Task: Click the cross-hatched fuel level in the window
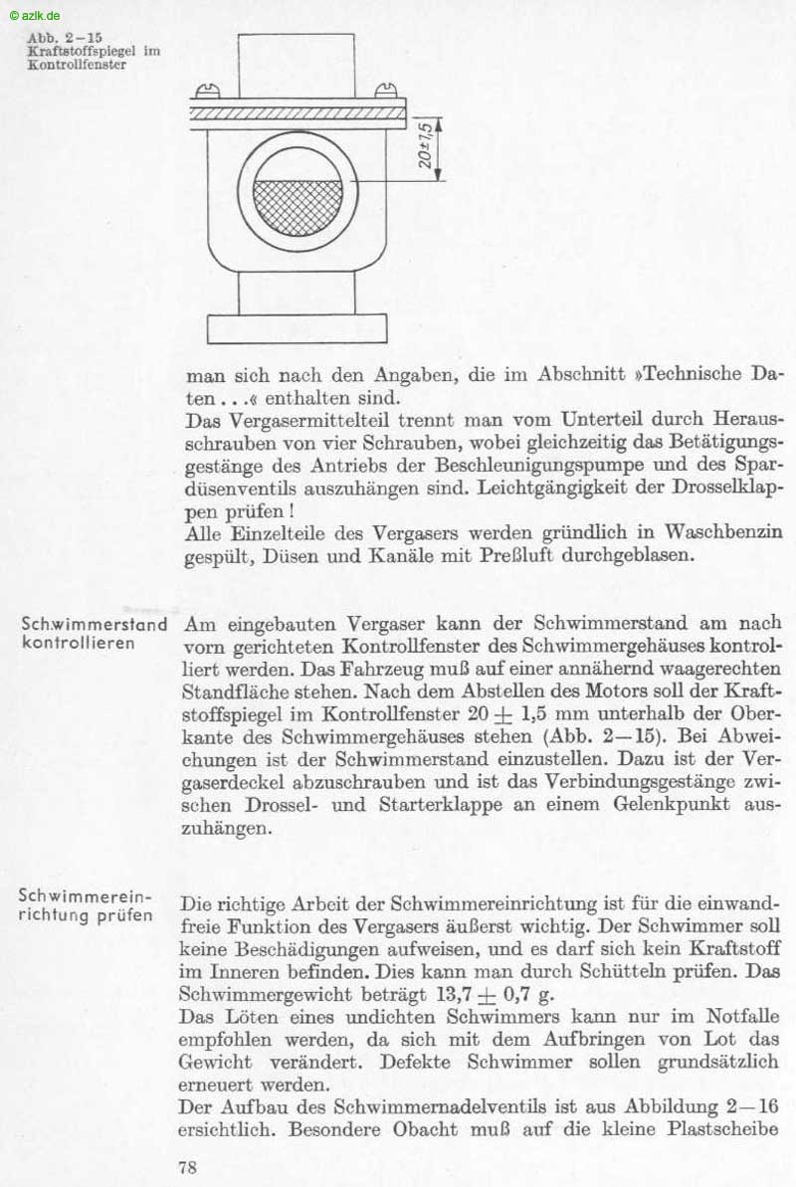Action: pos(298,206)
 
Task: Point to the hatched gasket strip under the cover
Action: pos(298,114)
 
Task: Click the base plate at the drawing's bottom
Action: pos(297,327)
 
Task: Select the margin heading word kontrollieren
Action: pos(78,644)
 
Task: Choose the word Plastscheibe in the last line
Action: pos(723,1129)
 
